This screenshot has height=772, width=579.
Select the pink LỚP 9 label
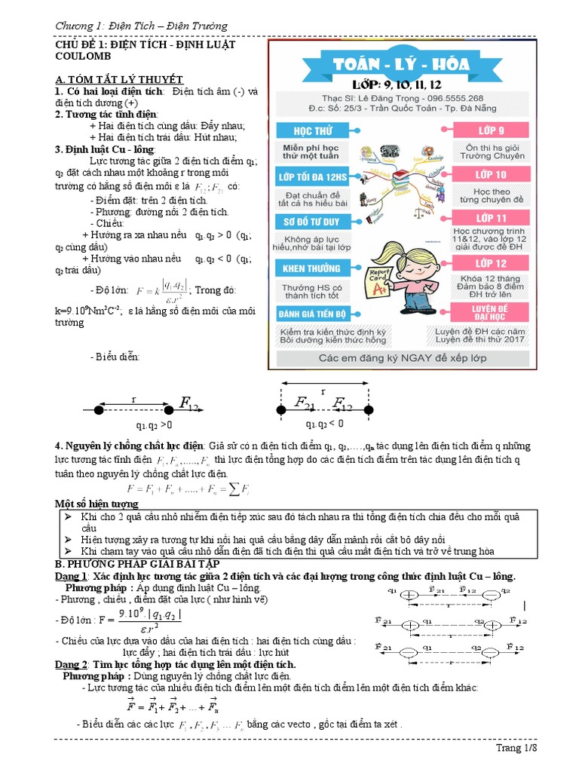(x=491, y=130)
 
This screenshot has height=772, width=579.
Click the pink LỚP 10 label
(x=491, y=175)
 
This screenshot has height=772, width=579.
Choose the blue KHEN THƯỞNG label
(x=311, y=268)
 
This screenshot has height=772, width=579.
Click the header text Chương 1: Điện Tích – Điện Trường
(x=141, y=26)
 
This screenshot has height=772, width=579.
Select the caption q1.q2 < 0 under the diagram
(x=324, y=424)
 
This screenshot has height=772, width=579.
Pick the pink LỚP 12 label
(x=491, y=263)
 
